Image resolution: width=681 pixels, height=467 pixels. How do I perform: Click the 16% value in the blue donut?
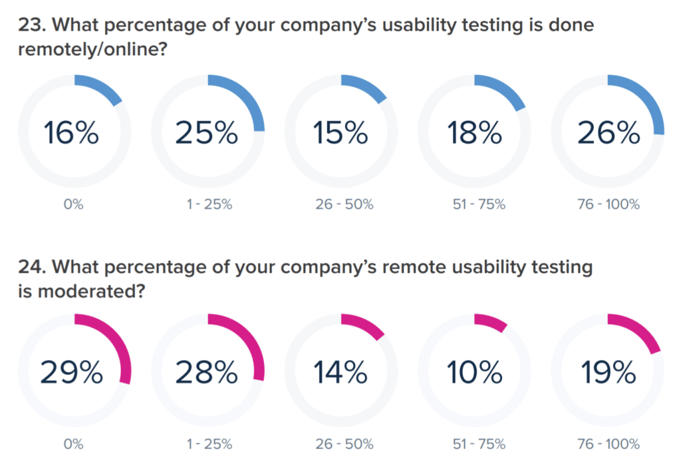(72, 133)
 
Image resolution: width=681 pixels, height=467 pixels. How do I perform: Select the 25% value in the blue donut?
(206, 133)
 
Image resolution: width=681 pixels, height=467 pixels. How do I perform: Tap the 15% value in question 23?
(340, 133)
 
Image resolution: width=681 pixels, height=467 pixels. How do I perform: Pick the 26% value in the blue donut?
(607, 133)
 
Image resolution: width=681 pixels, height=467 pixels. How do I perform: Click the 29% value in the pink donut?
(72, 372)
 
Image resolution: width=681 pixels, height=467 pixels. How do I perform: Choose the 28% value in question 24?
(206, 372)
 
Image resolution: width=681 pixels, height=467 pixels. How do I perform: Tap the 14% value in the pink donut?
(340, 372)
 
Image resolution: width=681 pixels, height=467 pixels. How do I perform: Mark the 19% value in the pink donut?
(607, 372)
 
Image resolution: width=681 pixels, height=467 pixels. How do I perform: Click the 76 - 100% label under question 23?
(607, 205)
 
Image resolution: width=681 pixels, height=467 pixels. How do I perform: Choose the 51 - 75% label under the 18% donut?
(475, 205)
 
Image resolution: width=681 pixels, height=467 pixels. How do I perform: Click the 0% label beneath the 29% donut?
(73, 444)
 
